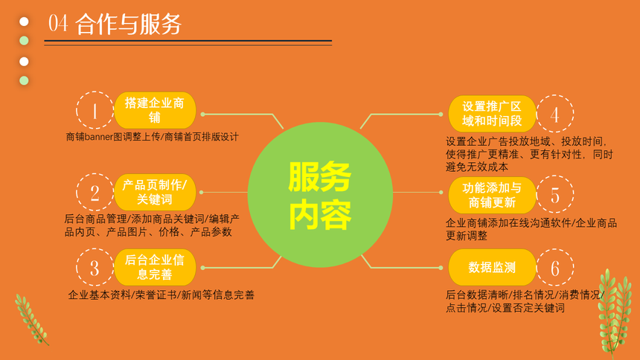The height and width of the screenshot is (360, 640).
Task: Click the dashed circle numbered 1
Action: tap(77, 110)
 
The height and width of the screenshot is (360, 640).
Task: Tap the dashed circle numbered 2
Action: tap(77, 192)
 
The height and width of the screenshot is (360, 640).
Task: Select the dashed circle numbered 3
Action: tap(77, 267)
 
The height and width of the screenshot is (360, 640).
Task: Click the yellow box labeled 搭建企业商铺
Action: tap(155, 110)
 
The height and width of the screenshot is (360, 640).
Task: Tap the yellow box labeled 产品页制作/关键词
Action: tap(155, 192)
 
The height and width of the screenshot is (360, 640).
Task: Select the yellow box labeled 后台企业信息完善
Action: tap(155, 267)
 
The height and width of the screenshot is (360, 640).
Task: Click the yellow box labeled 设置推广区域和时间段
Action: tap(492, 114)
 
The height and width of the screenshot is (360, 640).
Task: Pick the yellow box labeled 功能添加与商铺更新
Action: tap(492, 195)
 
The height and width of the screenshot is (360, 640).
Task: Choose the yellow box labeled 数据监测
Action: tap(492, 267)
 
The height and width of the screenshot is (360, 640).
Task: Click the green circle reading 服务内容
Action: tap(320, 195)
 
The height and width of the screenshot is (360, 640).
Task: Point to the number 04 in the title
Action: tap(58, 23)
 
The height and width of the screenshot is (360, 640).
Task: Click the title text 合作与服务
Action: tap(128, 24)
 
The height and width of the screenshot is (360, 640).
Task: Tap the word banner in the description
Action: tap(98, 137)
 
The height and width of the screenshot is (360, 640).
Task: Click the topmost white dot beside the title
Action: tap(24, 22)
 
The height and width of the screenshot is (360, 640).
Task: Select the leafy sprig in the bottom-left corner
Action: tap(31, 319)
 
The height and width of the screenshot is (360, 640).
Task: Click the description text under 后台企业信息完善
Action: tap(161, 295)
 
